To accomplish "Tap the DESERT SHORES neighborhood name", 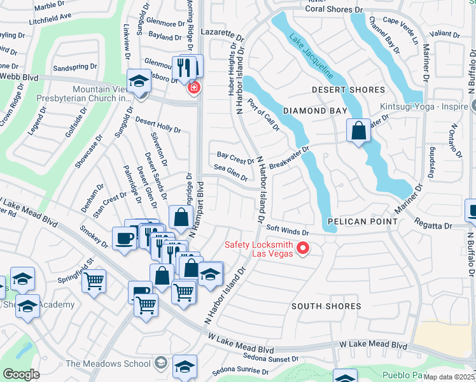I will point(349,90).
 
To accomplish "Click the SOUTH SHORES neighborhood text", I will point(326,306).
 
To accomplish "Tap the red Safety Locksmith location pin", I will point(303,248).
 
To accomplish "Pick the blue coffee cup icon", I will point(123,238).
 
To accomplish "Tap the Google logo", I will point(21,374).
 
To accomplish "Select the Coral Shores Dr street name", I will point(334,10).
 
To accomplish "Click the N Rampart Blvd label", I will point(199,207).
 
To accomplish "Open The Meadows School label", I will point(107,364).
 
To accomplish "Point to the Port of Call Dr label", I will point(263,115).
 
